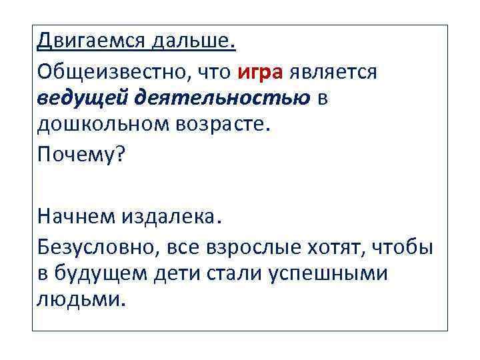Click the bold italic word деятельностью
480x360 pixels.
tap(222, 98)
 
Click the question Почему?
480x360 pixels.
tap(81, 155)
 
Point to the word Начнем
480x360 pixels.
tap(75, 217)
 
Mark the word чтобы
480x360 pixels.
tap(402, 247)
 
